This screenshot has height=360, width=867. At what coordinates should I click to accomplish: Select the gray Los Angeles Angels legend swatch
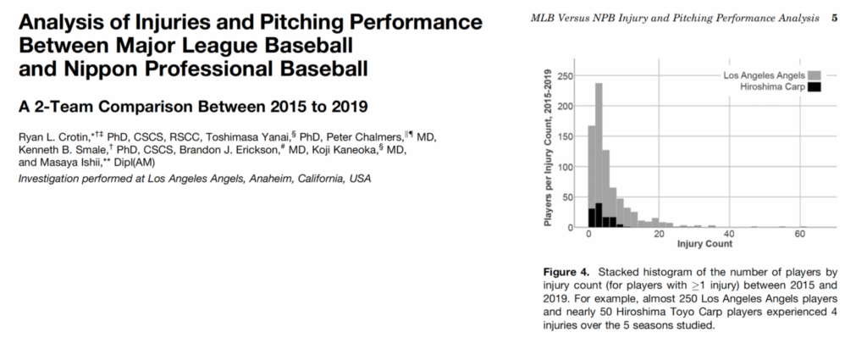click(814, 75)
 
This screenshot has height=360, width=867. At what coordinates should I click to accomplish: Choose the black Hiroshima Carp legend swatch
click(814, 86)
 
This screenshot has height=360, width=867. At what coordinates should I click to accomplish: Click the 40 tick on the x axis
click(729, 235)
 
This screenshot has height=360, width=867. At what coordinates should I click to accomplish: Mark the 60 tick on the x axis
click(798, 235)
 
